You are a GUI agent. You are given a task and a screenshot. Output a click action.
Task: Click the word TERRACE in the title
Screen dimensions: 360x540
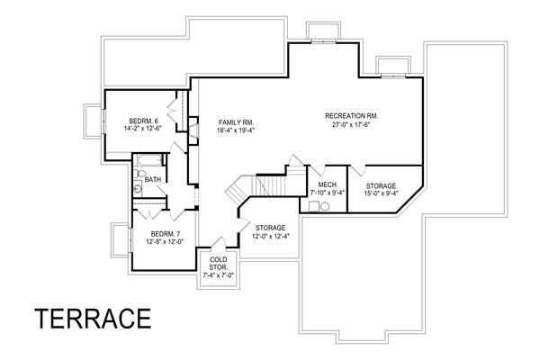tap(92, 319)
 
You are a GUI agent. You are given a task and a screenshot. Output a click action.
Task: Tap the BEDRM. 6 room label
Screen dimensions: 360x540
tap(143, 121)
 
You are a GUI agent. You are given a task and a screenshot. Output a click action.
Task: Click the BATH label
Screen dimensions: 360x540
tap(153, 180)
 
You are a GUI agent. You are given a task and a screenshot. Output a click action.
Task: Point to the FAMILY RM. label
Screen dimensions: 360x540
tap(236, 121)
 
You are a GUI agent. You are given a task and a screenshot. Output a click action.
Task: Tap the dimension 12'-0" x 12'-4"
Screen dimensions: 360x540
tap(270, 237)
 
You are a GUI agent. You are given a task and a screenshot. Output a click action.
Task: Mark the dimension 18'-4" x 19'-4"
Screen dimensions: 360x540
tap(236, 131)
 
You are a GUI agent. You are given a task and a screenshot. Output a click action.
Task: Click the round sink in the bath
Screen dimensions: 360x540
tap(139, 189)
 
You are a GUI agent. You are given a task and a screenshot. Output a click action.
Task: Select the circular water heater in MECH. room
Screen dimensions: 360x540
tap(324, 206)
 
